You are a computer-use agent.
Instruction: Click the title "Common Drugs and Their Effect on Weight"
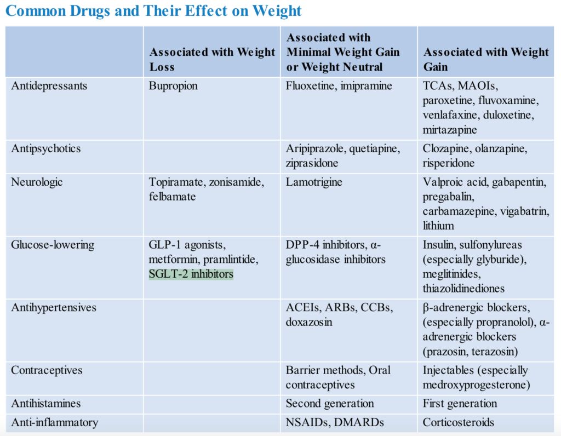coord(153,11)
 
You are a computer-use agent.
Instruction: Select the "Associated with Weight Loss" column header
coord(212,60)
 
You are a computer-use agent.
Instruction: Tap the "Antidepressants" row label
coord(49,86)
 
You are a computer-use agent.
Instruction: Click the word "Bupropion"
coord(173,86)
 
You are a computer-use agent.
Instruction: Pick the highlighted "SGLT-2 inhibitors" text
coord(191,273)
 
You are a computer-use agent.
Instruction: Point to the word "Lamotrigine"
coord(314,182)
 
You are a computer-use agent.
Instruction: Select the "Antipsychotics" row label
coord(46,148)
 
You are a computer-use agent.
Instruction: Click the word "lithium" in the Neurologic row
coord(438,226)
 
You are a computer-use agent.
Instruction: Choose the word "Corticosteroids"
coord(459,422)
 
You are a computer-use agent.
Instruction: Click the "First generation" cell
coord(460,404)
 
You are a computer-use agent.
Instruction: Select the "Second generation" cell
coord(330,404)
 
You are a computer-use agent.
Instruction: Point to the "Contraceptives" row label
coord(47,370)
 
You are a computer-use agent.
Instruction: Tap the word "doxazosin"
coord(309,322)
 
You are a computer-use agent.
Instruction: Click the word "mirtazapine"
coord(450,130)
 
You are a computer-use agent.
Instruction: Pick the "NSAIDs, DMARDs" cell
coord(327,422)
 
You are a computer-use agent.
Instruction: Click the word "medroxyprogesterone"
coord(476,385)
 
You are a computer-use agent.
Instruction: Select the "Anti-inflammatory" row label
coord(55,422)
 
